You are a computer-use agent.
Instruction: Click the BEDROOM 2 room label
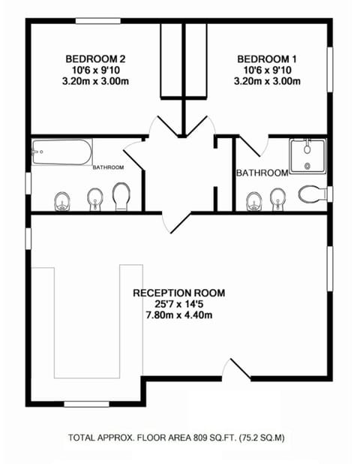point(94,59)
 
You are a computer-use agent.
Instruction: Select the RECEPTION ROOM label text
point(178,293)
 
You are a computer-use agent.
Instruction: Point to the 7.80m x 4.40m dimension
point(178,315)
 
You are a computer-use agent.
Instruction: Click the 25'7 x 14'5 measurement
point(178,304)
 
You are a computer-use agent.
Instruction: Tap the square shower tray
point(307,157)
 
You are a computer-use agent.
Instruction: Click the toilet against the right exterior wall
point(310,194)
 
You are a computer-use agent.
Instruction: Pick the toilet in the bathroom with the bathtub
point(121,197)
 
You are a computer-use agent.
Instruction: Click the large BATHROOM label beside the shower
point(262,173)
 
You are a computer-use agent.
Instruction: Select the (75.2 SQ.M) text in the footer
point(262,436)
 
